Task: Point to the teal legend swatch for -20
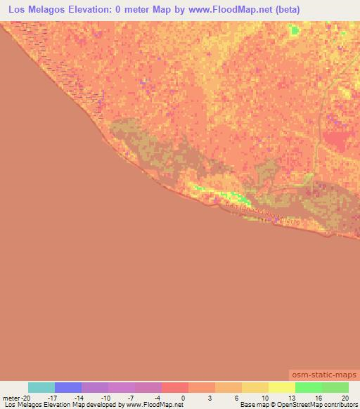click(x=41, y=387)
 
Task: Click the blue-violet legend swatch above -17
click(x=68, y=387)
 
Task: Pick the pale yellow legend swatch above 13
click(x=282, y=387)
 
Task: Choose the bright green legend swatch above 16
click(x=309, y=387)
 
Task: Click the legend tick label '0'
click(x=182, y=398)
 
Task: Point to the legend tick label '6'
click(x=236, y=398)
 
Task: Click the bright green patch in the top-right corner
click(x=294, y=30)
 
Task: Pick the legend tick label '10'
click(x=263, y=398)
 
